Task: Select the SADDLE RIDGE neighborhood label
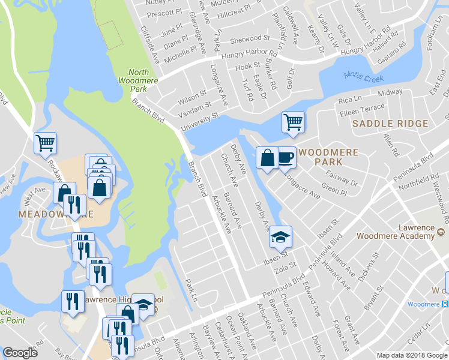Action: [x=390, y=124]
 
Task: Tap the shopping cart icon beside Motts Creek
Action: [x=293, y=122]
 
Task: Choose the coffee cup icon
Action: [x=285, y=158]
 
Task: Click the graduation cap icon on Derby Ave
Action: [x=280, y=237]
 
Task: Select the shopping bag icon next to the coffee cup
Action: [x=267, y=158]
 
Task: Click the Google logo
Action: [x=20, y=353]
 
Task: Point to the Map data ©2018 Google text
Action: [x=412, y=355]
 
